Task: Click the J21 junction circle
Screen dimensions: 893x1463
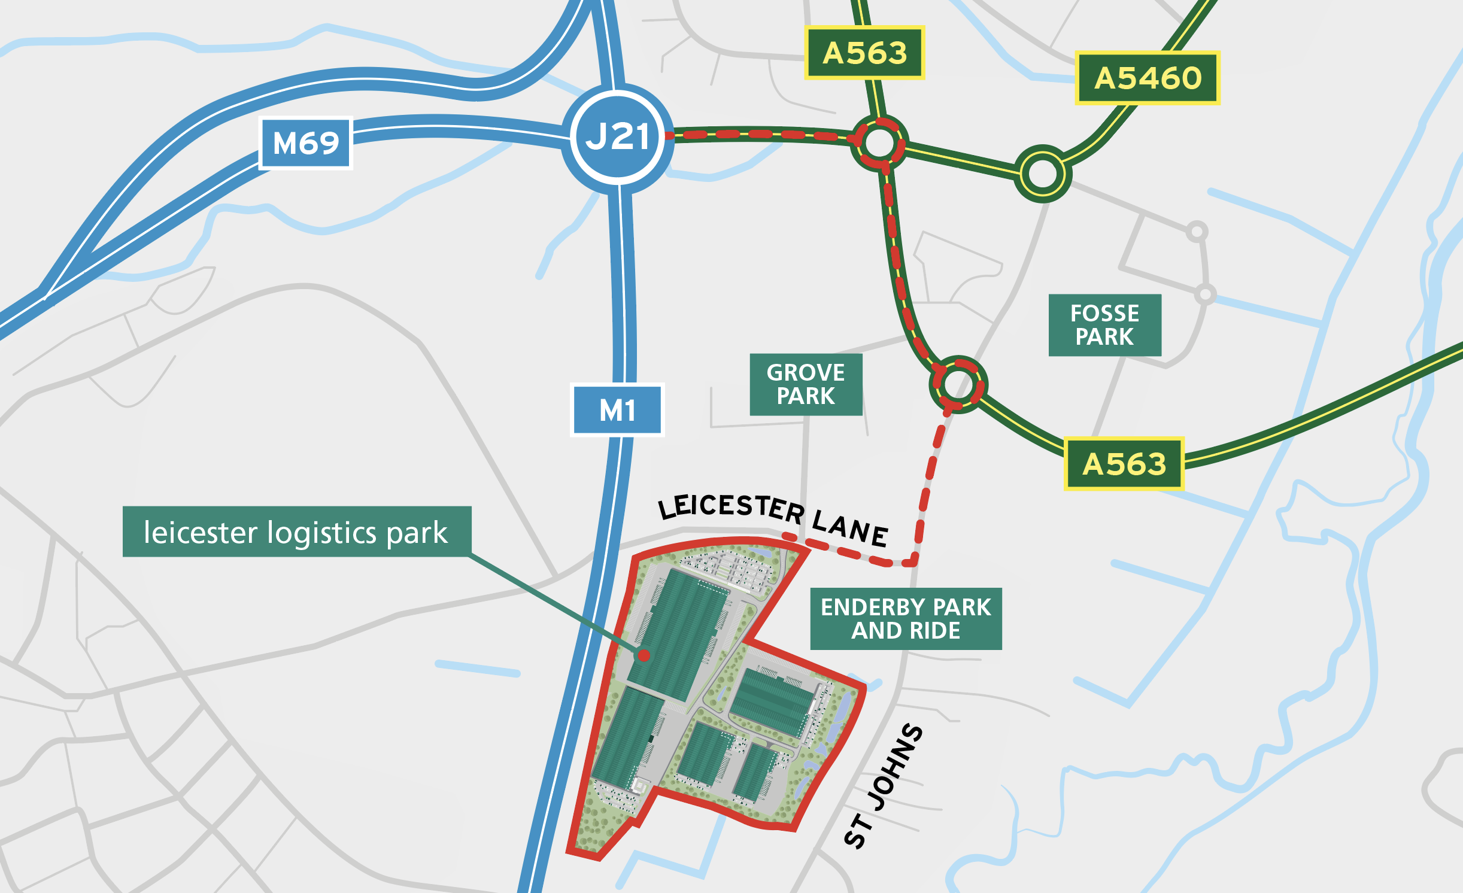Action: click(618, 138)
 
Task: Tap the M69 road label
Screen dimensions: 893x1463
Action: click(305, 143)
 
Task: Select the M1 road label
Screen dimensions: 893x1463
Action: click(617, 410)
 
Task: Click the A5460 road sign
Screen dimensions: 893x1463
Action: click(1147, 78)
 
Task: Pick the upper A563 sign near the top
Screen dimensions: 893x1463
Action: click(864, 53)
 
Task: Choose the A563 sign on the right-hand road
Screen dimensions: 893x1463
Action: click(1124, 464)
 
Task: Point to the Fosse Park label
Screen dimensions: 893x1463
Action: click(1104, 325)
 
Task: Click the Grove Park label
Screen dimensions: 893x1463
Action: click(806, 384)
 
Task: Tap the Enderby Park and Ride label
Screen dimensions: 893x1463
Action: click(906, 618)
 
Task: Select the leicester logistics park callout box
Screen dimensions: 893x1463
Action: click(297, 531)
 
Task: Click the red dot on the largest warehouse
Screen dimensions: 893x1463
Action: click(644, 655)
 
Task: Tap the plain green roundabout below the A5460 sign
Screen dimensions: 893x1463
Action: click(1042, 174)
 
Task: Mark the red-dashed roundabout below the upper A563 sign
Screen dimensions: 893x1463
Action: click(879, 143)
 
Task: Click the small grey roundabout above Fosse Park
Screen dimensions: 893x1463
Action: click(1197, 231)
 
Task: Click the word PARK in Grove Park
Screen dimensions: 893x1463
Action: click(806, 396)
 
